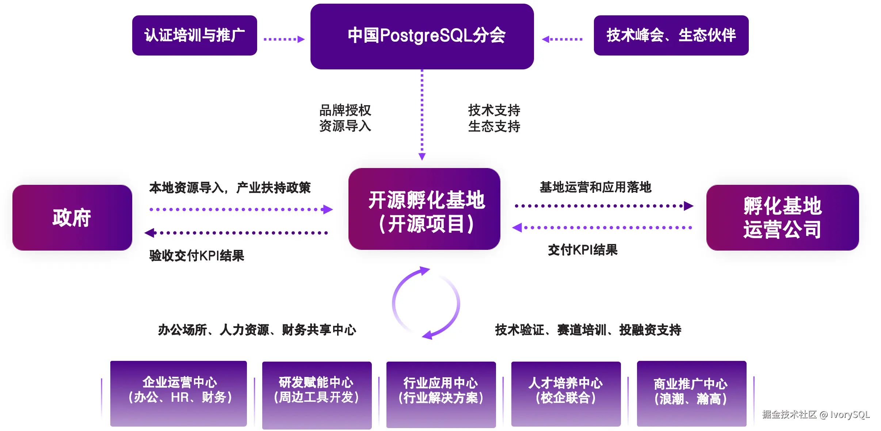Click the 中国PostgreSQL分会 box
(x=422, y=36)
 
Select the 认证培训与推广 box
(x=194, y=35)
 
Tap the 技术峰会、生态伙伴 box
(x=671, y=35)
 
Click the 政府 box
(x=72, y=218)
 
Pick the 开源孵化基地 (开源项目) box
(x=424, y=209)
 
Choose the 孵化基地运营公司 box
(x=782, y=218)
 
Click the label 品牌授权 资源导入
(x=345, y=118)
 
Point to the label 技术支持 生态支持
(x=494, y=118)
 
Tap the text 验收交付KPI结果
(x=197, y=256)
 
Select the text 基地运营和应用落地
(x=595, y=187)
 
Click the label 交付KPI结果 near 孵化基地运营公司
(x=583, y=250)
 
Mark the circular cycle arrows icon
(x=426, y=303)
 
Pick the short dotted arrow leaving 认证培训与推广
(x=284, y=39)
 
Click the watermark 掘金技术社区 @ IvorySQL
(x=815, y=415)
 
